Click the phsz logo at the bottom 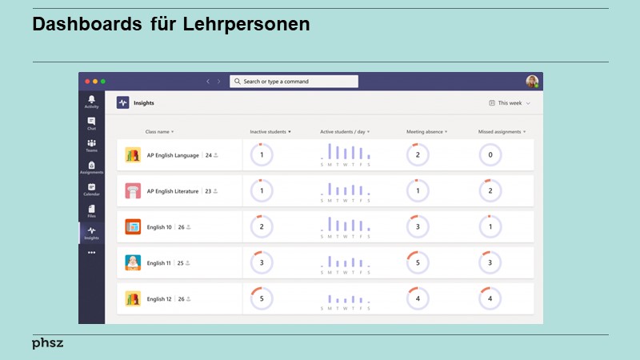[48, 343]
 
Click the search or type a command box [294, 82]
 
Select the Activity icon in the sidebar [91, 102]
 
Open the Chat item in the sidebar [91, 123]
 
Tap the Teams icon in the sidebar [91, 145]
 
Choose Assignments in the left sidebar [91, 167]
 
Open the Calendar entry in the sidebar [91, 189]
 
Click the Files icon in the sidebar [91, 210]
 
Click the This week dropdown [510, 103]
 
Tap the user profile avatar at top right [532, 82]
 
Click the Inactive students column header [270, 131]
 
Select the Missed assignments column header [502, 131]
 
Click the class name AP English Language [173, 155]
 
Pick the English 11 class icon [133, 262]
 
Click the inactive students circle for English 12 [262, 298]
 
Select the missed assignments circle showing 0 [490, 155]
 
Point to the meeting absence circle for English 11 [418, 262]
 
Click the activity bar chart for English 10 [346, 226]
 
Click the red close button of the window [86, 82]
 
